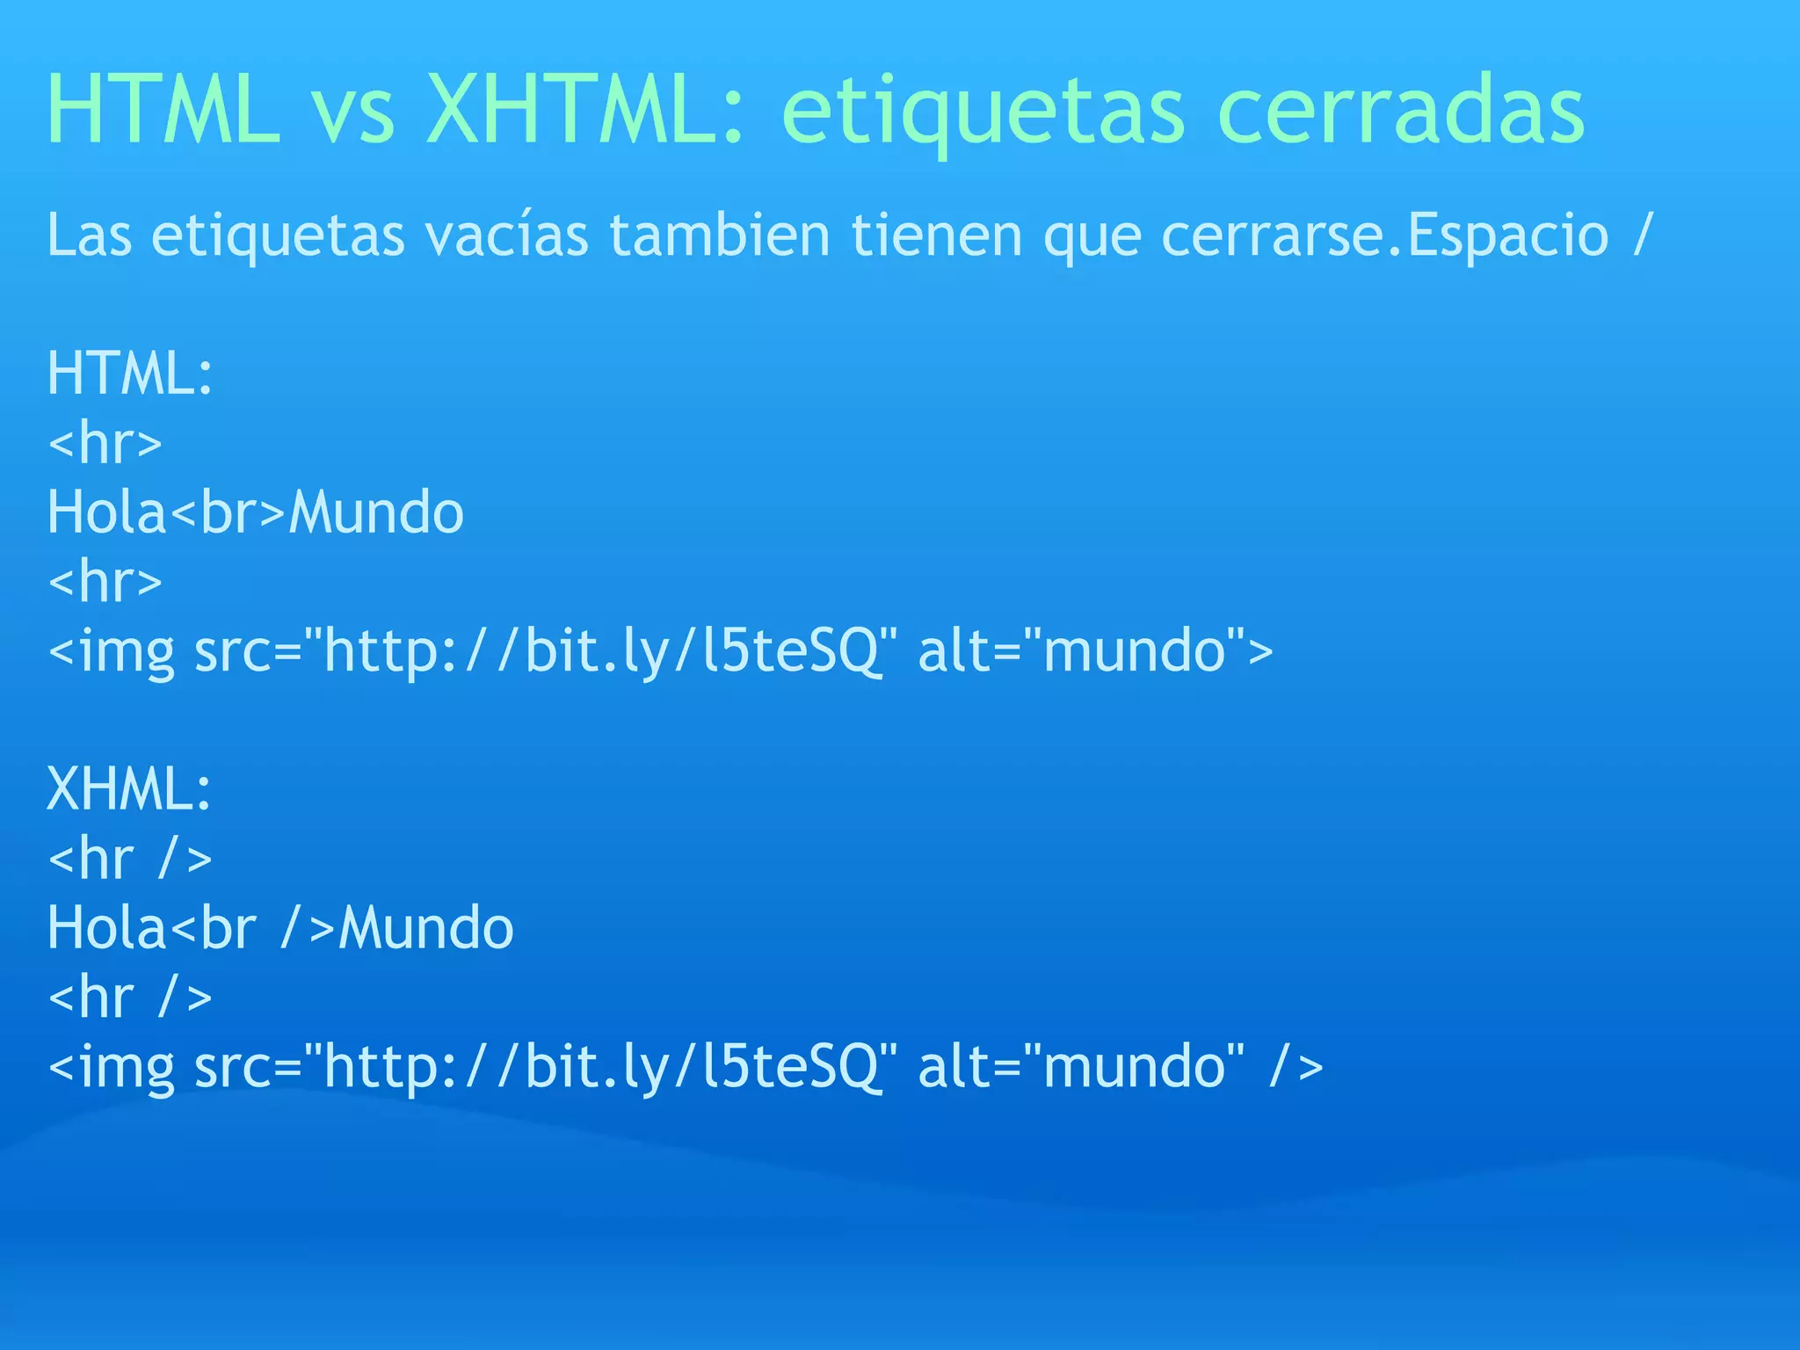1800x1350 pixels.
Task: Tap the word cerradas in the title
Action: [1401, 110]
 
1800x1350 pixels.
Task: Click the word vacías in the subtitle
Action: [506, 236]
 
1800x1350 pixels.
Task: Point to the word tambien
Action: [720, 236]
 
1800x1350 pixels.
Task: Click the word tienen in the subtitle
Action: [937, 236]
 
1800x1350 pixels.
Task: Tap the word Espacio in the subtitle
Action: [1508, 236]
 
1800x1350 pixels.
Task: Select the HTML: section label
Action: [130, 374]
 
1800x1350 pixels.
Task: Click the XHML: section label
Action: [129, 788]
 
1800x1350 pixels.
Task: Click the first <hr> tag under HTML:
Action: [105, 442]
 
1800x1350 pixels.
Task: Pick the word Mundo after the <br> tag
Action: [376, 512]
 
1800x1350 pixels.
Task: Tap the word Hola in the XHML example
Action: [106, 928]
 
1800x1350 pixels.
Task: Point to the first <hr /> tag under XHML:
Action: [130, 859]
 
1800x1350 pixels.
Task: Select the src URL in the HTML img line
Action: [600, 652]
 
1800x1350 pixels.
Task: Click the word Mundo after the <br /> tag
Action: [426, 928]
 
